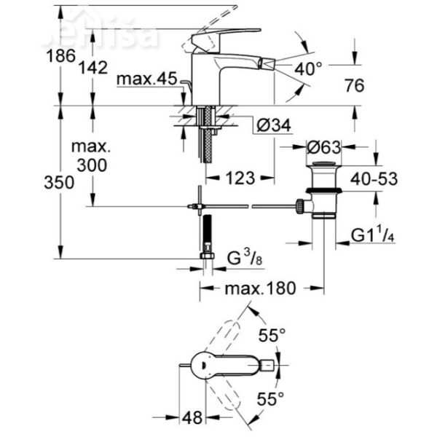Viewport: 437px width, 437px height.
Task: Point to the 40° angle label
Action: [x=308, y=70]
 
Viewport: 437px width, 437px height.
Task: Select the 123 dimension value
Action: [x=238, y=177]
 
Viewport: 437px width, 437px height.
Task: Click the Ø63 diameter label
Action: [x=323, y=147]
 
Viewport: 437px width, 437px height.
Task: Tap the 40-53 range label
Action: [x=375, y=179]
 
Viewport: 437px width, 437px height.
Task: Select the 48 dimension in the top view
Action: [x=192, y=418]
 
